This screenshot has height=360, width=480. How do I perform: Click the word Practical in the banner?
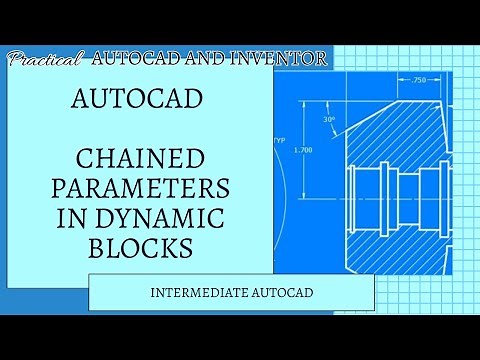point(45,60)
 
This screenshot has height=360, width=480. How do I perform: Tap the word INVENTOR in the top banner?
point(281,59)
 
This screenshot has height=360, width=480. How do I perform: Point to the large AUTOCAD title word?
point(140,101)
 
